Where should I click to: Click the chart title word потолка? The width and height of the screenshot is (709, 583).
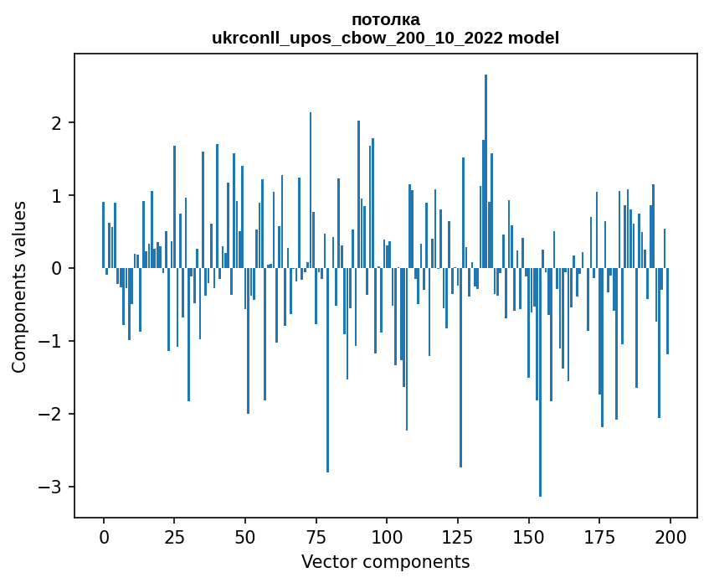(386, 20)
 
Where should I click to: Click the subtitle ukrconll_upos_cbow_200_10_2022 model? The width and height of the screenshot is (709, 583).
(386, 39)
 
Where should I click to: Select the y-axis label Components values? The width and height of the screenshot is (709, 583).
(19, 286)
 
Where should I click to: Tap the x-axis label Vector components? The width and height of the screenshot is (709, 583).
(385, 562)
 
